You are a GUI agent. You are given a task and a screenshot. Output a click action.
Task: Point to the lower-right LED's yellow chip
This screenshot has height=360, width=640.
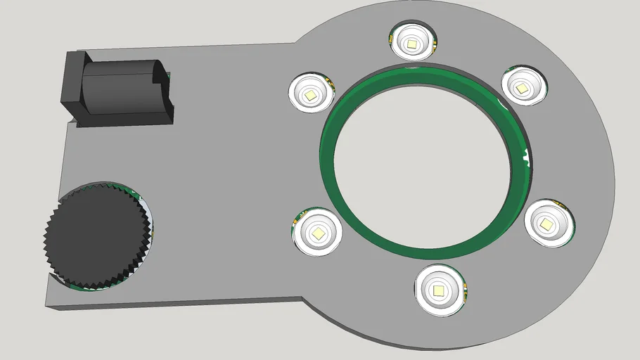(x=546, y=224)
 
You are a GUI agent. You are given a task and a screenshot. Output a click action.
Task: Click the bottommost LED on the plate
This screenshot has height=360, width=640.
(x=440, y=289)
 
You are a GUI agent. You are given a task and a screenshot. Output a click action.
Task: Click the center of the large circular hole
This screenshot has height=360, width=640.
(x=425, y=160)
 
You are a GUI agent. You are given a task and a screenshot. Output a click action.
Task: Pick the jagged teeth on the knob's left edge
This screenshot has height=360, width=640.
(x=49, y=232)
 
